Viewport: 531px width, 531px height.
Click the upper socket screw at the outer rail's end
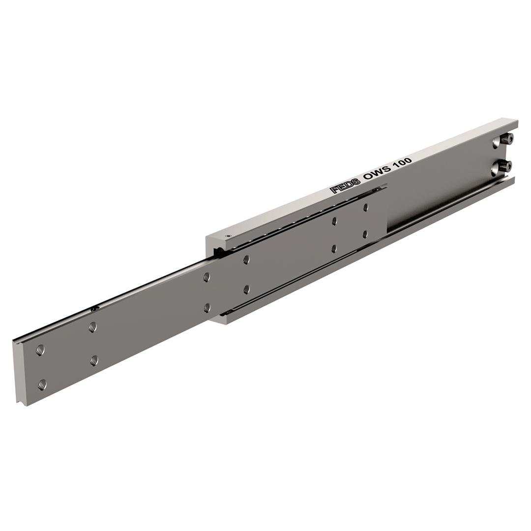[507, 138]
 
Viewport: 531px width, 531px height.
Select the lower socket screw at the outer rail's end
[506, 166]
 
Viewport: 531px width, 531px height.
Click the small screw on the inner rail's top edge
[95, 308]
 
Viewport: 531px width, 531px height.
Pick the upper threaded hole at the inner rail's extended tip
[40, 350]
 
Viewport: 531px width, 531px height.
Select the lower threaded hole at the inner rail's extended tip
[42, 384]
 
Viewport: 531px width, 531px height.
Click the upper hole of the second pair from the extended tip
[92, 327]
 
